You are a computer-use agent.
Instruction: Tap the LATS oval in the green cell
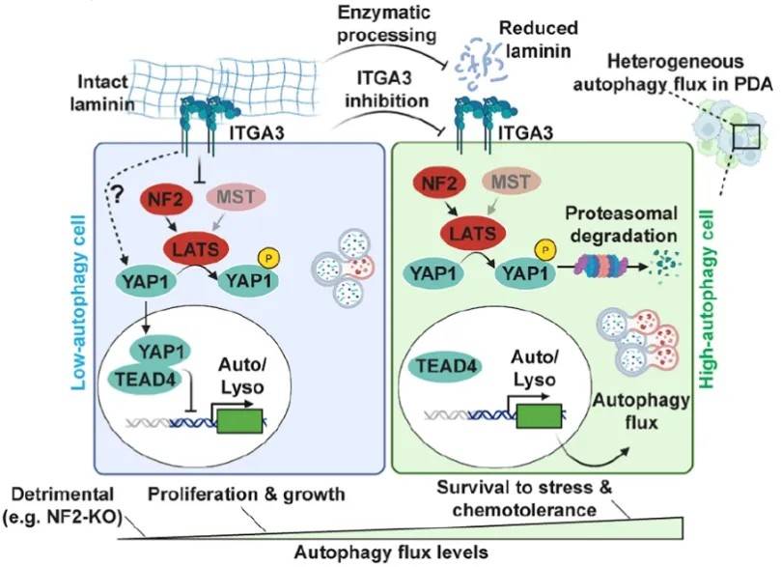point(473,233)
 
